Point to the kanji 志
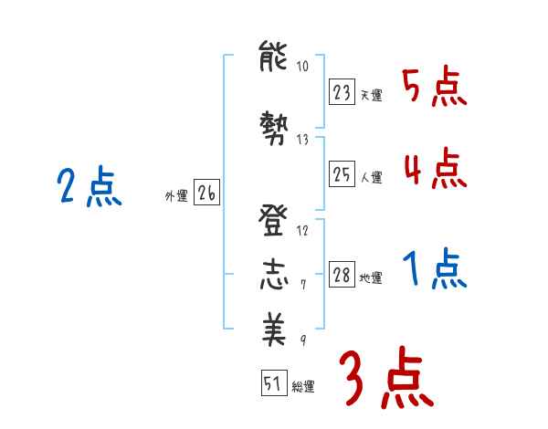pos(273,276)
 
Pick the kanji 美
pos(273,330)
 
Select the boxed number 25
pos(342,174)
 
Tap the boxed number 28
pos(342,275)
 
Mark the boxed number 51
pos(272,383)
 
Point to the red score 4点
pos(435,169)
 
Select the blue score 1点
pos(435,270)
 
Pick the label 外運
pos(176,195)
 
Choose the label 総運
pos(303,387)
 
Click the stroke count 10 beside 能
pos(303,67)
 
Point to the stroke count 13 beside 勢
pos(303,139)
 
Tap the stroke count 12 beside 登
pos(303,231)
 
